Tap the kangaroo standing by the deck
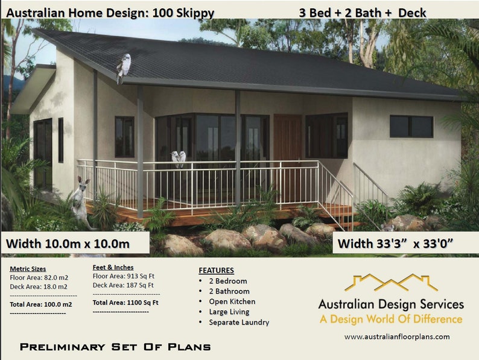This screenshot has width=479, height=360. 81,202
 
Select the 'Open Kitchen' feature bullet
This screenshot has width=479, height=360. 232,302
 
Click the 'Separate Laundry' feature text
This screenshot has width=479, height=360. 239,322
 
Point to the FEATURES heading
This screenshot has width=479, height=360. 216,270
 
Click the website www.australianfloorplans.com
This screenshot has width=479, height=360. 397,336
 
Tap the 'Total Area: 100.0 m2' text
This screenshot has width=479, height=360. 41,305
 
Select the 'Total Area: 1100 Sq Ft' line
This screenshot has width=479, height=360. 125,302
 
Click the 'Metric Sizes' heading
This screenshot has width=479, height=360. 28,269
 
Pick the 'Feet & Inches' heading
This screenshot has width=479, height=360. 113,267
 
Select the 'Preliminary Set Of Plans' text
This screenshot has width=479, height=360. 115,347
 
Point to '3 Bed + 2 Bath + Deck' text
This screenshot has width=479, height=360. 362,12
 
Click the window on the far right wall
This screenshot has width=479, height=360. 411,126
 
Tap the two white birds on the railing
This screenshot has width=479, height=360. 178,158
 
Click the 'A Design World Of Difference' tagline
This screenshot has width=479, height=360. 391,319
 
